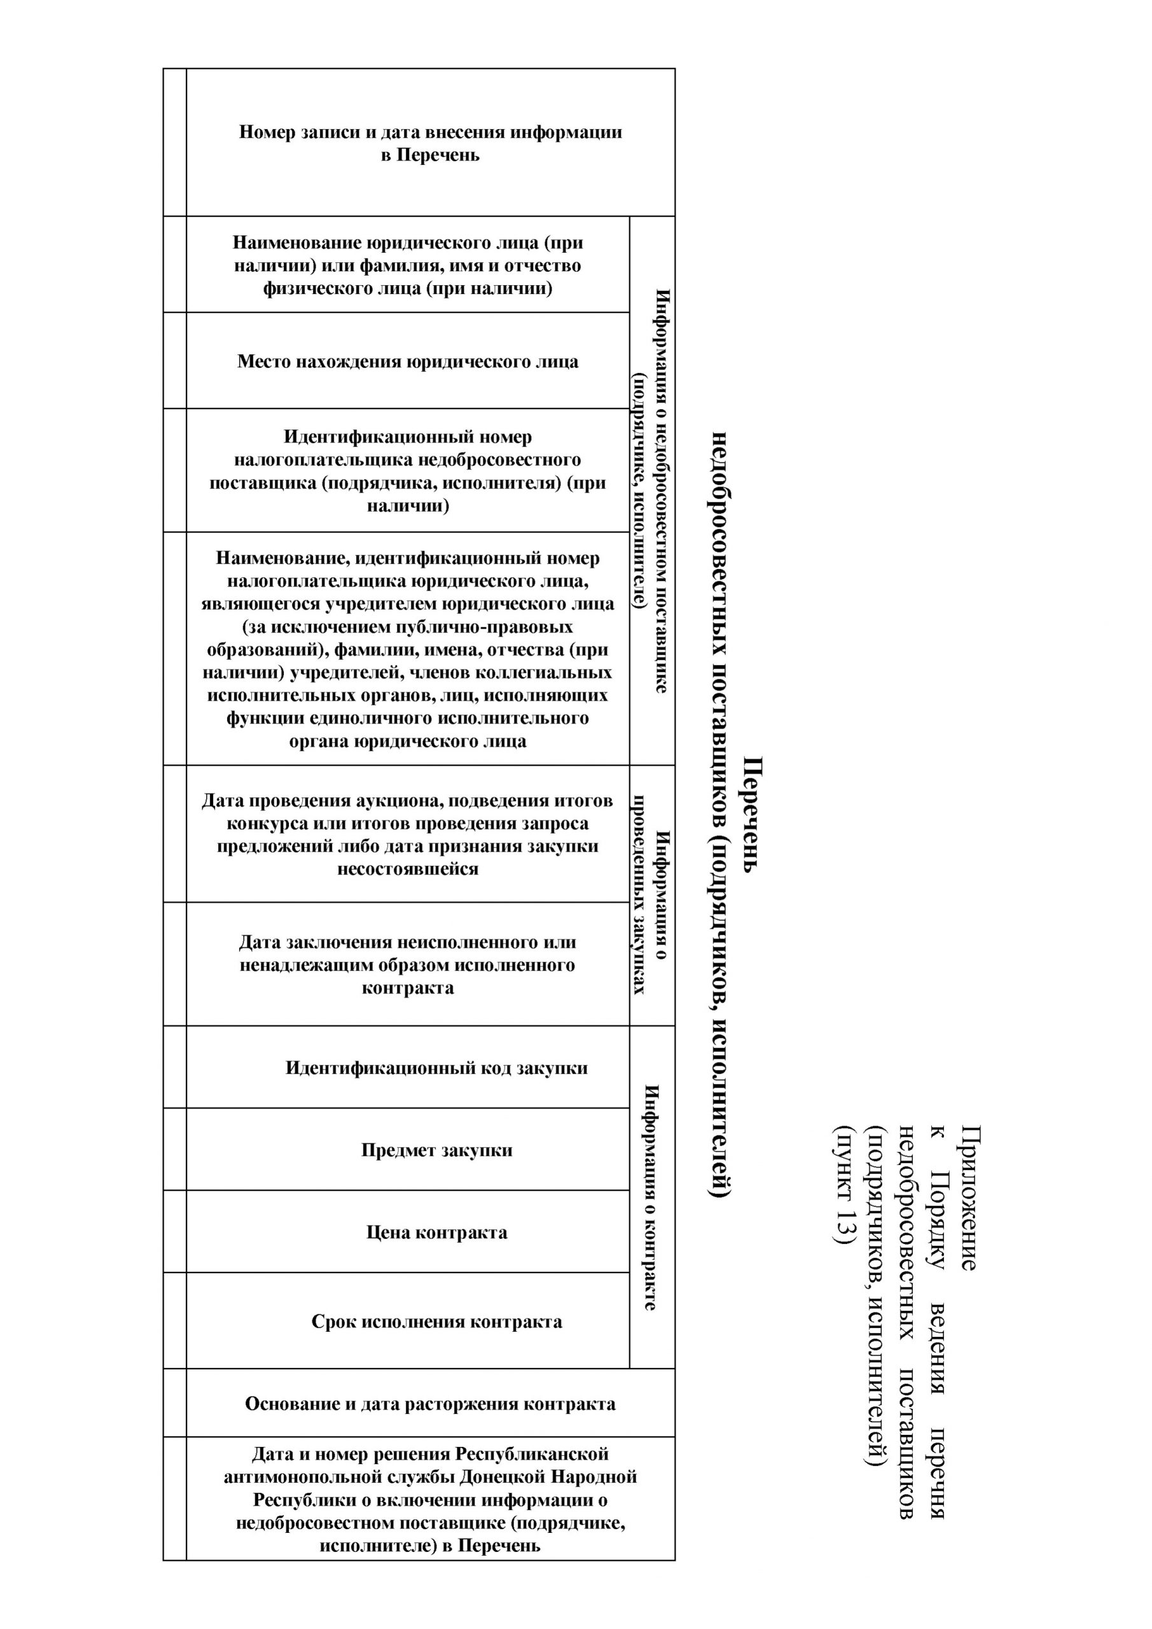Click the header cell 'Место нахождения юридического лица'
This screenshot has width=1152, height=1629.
(x=407, y=362)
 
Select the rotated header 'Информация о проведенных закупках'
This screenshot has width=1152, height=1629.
(x=651, y=895)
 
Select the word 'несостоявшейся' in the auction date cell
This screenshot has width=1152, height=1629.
(x=407, y=869)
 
